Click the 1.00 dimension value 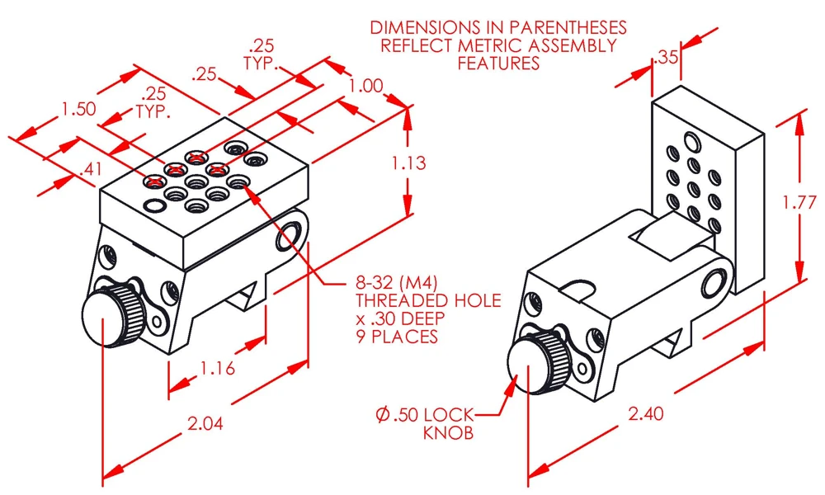[366, 86]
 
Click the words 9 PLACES [397, 336]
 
